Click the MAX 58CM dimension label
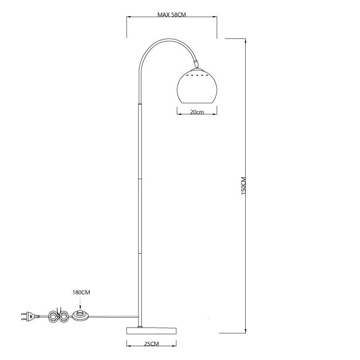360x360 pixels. pos(171,15)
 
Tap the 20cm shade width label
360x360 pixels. pos(197,112)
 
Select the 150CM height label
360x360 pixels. pos(244,186)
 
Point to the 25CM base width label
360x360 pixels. pos(152,344)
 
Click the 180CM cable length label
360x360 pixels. pos(81,293)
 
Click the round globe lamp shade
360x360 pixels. pos(197,86)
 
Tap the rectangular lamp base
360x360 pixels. pos(152,330)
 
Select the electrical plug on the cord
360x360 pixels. pos(30,316)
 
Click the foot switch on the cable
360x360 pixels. pos(80,315)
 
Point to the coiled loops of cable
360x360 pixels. pos(58,316)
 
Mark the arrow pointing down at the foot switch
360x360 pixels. pos(80,303)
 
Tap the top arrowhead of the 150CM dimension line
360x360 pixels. pos(245,41)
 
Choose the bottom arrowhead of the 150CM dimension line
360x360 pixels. pos(245,330)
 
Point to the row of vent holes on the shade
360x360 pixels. pos(197,75)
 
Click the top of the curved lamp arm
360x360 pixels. pos(169,39)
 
